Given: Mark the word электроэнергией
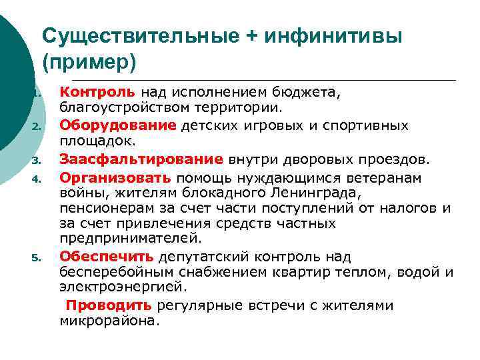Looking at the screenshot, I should coord(122,289).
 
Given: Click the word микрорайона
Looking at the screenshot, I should coord(109,321).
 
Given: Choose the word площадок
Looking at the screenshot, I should coord(97,141).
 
